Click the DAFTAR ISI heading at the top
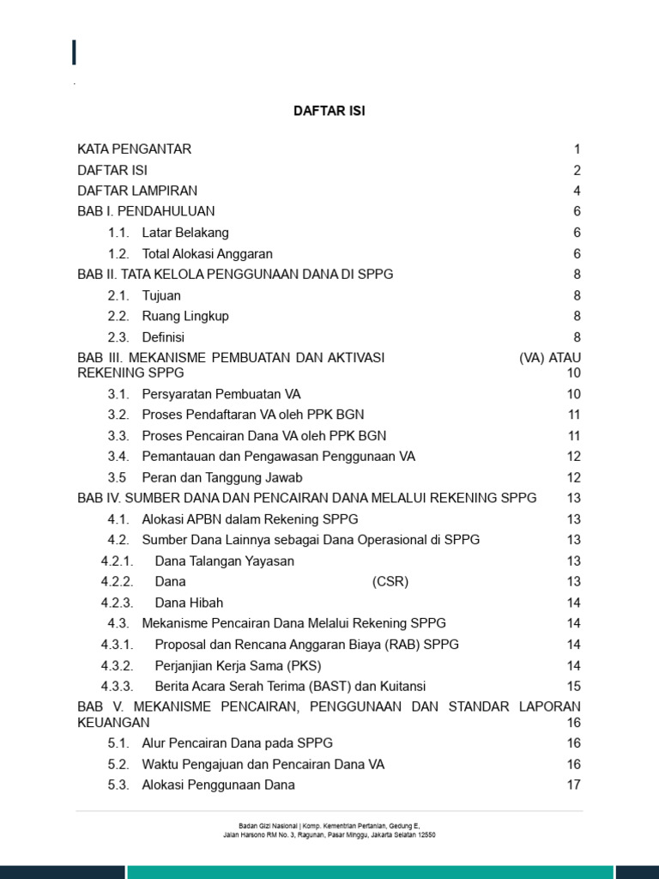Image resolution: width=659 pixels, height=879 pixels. [x=329, y=112]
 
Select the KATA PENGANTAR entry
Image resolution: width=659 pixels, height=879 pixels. [x=134, y=149]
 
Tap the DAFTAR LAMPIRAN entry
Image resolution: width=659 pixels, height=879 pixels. [x=137, y=191]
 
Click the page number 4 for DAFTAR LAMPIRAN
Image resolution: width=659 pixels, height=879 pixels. [x=577, y=191]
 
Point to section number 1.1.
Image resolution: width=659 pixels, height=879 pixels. [x=118, y=233]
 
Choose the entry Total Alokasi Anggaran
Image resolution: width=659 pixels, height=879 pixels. [x=207, y=253]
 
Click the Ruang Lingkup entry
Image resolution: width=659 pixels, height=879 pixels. [x=185, y=316]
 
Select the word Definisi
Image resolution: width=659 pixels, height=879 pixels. [x=163, y=337]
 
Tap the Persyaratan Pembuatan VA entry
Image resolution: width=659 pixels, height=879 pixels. [x=221, y=394]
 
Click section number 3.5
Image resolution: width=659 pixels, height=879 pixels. [x=117, y=477]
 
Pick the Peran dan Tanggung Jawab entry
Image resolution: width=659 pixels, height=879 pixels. [x=222, y=477]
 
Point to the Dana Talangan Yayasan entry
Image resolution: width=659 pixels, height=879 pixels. [x=224, y=561]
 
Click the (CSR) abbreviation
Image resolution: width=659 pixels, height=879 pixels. [x=390, y=582]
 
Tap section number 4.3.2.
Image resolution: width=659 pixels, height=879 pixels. [x=118, y=665]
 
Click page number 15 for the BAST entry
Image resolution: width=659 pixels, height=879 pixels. [x=574, y=686]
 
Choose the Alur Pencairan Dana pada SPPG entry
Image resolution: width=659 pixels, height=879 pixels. [x=237, y=743]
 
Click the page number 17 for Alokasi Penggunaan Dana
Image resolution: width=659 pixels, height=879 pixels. [x=574, y=785]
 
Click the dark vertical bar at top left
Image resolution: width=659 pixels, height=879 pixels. [x=75, y=52]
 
